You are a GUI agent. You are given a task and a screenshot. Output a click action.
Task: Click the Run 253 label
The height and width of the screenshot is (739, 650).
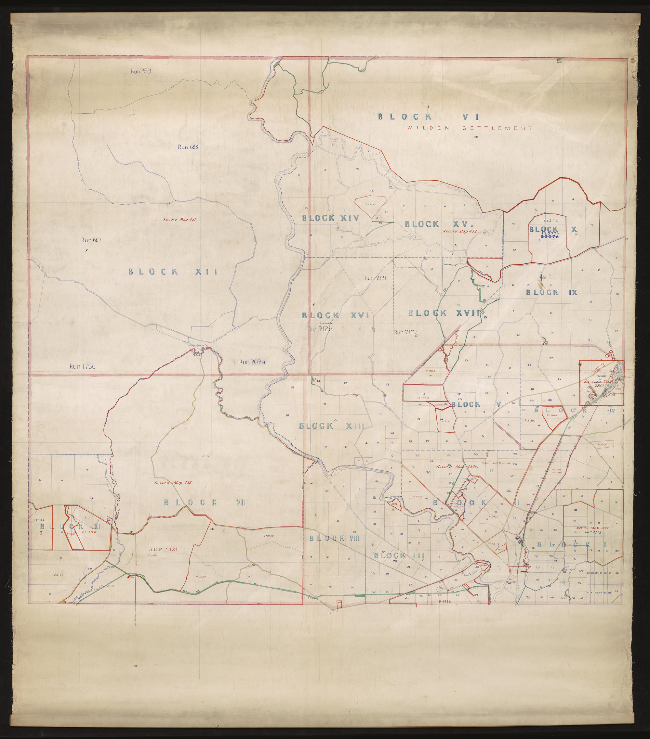(x=140, y=71)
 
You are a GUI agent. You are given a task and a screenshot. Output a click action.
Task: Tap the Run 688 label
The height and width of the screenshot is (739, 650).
(x=188, y=147)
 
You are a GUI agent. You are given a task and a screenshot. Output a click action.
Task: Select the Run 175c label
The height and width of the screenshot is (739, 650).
(x=82, y=366)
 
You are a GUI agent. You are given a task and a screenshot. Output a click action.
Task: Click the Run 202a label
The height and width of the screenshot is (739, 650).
(x=252, y=362)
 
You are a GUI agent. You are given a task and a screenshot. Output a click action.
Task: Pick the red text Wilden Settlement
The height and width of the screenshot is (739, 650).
(x=470, y=128)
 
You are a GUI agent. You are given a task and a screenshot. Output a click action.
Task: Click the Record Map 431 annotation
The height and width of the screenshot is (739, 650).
(x=179, y=219)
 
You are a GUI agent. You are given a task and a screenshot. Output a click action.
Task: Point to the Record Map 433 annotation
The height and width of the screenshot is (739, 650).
(x=173, y=483)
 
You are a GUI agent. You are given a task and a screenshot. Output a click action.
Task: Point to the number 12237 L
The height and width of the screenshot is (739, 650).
(x=550, y=220)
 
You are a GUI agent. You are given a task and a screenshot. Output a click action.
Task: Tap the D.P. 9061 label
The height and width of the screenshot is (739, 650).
(x=423, y=398)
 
